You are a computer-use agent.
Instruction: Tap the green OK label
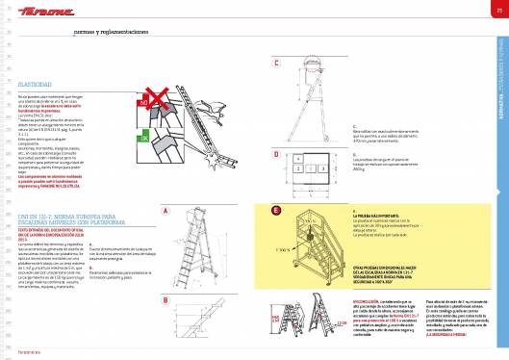[144, 137]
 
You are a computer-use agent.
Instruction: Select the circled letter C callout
[276, 64]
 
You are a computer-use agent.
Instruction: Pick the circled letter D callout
[276, 153]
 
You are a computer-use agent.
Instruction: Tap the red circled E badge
[276, 210]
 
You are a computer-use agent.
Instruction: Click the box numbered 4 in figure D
[298, 156]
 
